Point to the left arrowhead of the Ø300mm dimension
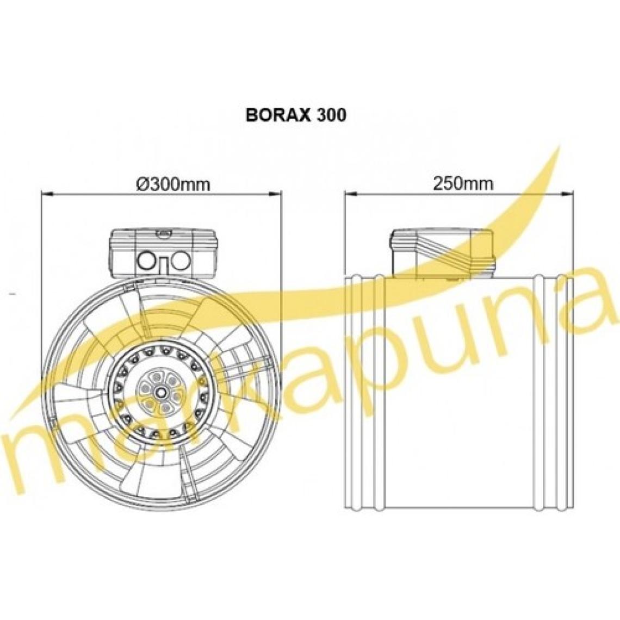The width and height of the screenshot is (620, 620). pos(47,194)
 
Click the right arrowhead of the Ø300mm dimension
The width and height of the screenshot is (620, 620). pos(275,194)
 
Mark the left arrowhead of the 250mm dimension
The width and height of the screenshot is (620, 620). pos(351,194)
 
